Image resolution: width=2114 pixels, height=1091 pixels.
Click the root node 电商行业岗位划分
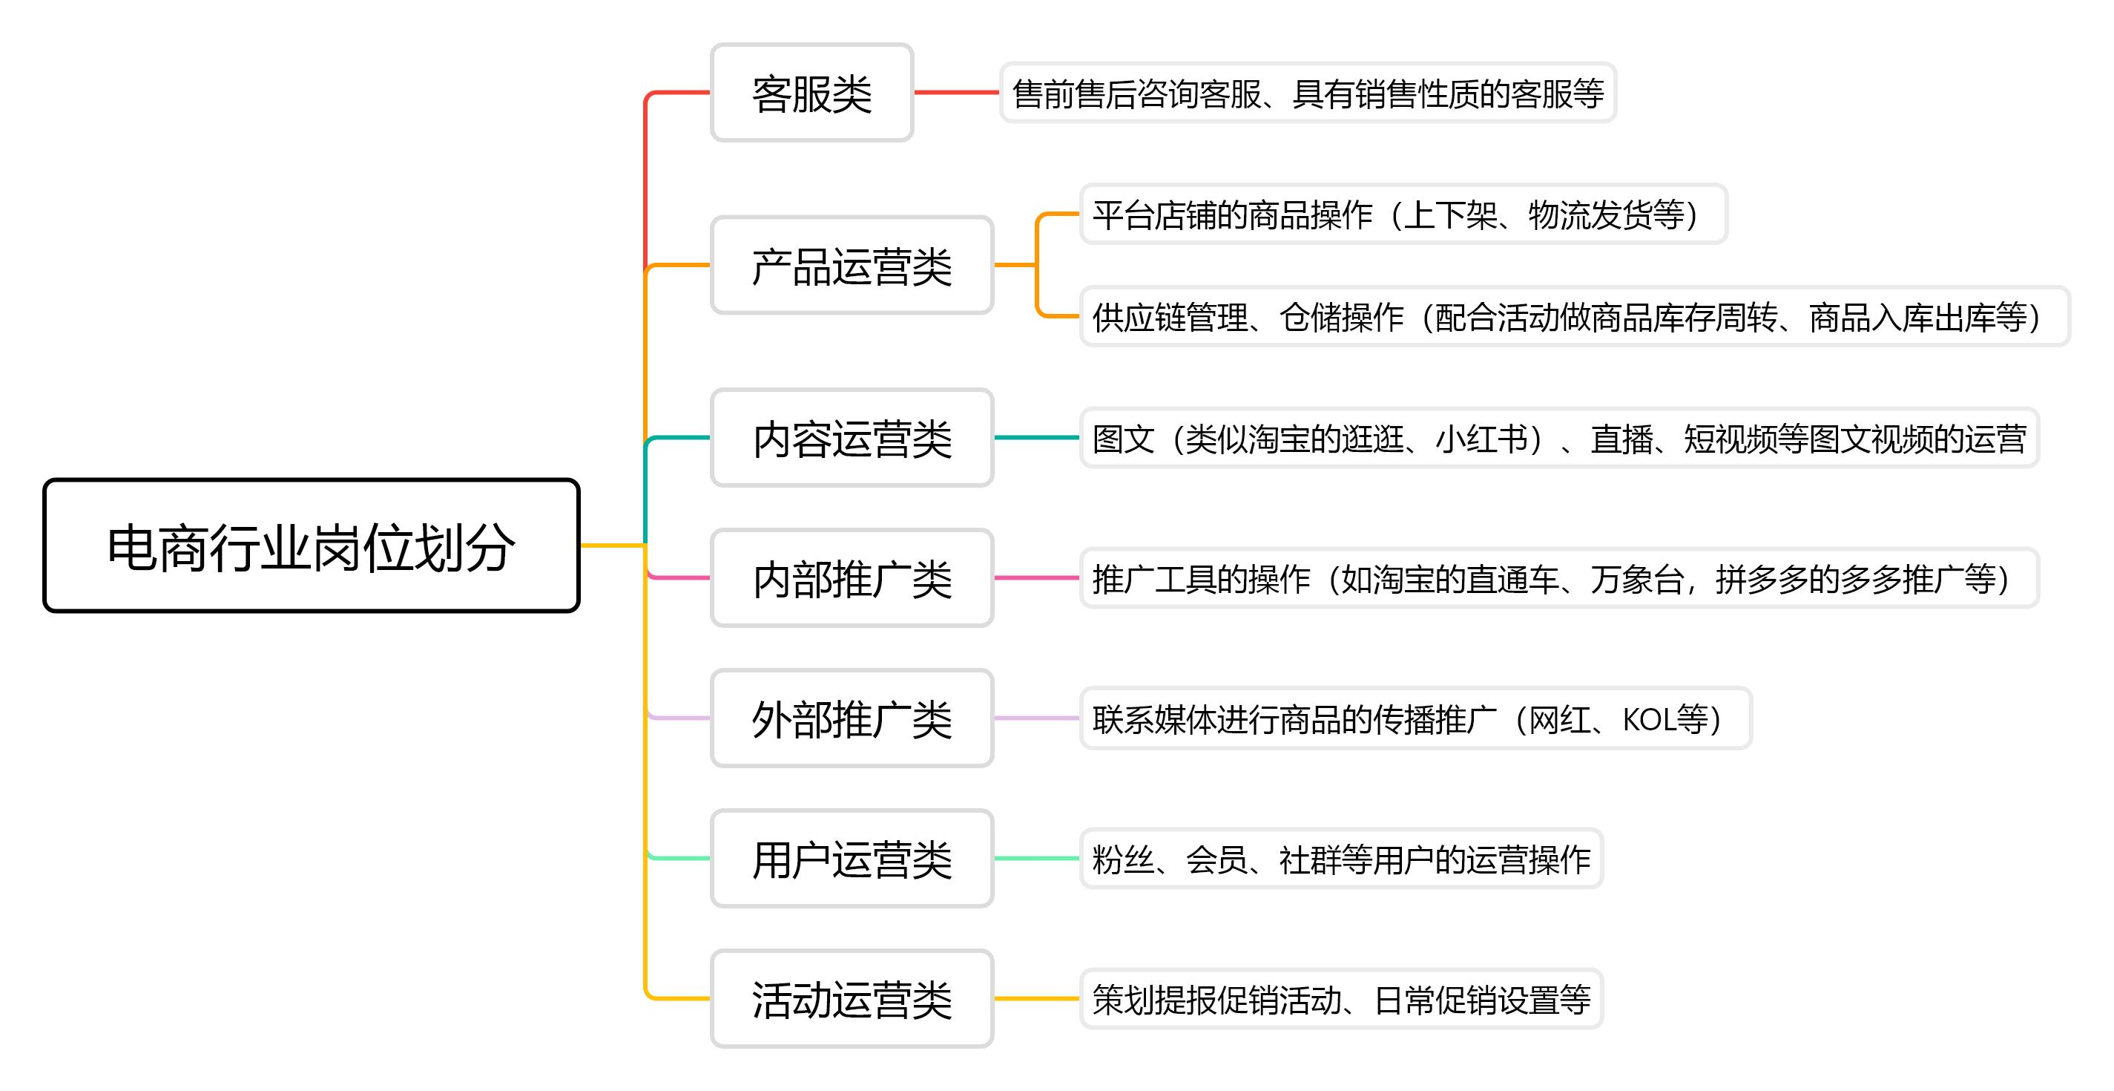coord(311,546)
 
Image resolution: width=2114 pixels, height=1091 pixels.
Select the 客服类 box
coord(811,93)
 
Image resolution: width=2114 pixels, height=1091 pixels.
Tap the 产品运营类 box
coord(852,265)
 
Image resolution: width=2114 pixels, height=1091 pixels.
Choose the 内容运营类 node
coord(852,438)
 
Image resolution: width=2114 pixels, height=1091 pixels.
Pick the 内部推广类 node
coord(852,578)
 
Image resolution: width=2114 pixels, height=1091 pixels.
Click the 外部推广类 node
coord(852,718)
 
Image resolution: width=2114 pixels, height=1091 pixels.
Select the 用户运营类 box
coord(852,859)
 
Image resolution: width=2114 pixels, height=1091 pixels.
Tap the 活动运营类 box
coord(852,999)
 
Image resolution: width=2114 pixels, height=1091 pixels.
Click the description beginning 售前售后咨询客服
coord(1307,93)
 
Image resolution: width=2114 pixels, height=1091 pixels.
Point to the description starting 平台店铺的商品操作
coord(1403,214)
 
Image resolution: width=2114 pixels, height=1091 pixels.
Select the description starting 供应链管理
coord(1574,317)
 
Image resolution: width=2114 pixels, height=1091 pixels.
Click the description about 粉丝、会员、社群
coord(1341,859)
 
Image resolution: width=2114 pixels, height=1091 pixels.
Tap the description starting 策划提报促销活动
coord(1341,999)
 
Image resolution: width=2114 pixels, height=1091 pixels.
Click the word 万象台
coord(1636,579)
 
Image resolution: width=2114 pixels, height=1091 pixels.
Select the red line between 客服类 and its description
coord(956,93)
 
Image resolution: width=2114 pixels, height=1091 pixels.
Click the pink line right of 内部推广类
coord(1036,578)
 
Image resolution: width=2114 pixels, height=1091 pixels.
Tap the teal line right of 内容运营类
coord(1036,438)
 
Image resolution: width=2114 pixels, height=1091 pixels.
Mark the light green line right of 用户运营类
coord(1036,859)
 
